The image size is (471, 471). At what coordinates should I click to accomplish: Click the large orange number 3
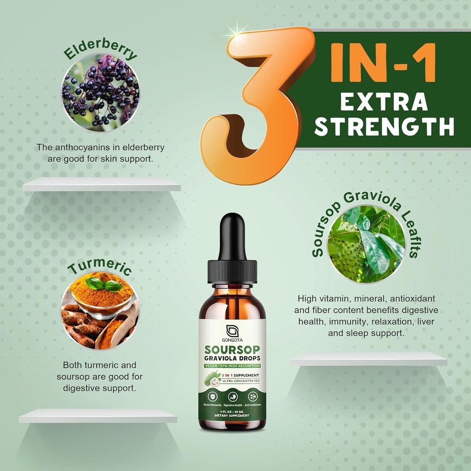pyautogui.click(x=258, y=106)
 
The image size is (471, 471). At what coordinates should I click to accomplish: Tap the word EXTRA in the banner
pyautogui.click(x=384, y=102)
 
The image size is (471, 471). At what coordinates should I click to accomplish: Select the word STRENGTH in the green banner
pyautogui.click(x=385, y=126)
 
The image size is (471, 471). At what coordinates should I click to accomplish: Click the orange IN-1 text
pyautogui.click(x=383, y=62)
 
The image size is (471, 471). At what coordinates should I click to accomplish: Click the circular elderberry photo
pyautogui.click(x=101, y=92)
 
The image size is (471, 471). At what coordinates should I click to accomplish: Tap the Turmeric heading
pyautogui.click(x=100, y=268)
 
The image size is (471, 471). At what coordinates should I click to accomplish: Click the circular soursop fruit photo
pyautogui.click(x=366, y=244)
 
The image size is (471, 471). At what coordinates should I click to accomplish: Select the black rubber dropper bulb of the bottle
pyautogui.click(x=232, y=237)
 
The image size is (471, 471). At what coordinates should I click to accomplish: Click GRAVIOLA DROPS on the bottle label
pyautogui.click(x=232, y=358)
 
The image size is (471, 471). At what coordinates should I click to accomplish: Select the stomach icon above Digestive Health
pyautogui.click(x=232, y=396)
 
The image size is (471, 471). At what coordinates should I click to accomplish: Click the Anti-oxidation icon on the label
pyautogui.click(x=253, y=396)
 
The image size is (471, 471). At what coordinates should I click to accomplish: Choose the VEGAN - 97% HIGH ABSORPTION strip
pyautogui.click(x=232, y=366)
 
